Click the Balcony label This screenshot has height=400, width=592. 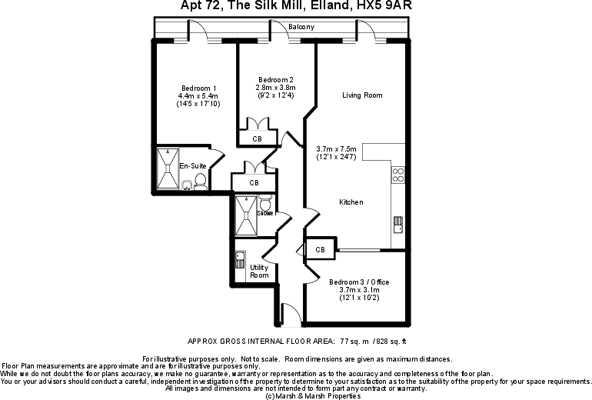click(301, 27)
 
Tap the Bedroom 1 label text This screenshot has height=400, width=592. click(198, 87)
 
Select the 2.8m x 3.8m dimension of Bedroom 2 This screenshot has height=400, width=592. click(275, 88)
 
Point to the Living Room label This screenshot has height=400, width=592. click(362, 95)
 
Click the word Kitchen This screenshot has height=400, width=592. click(351, 202)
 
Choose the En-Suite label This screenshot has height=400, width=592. click(191, 166)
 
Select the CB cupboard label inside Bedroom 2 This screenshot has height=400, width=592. click(257, 139)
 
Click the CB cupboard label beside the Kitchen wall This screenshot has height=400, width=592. click(320, 250)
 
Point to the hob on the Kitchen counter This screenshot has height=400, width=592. click(398, 175)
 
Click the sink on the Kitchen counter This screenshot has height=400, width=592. click(398, 224)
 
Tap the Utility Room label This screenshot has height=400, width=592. click(259, 272)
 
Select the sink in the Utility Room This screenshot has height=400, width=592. click(240, 258)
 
